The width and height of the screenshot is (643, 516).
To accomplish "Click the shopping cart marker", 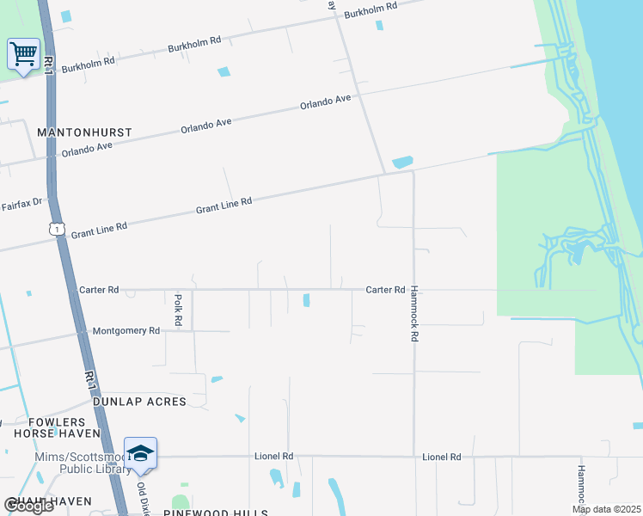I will [23, 54].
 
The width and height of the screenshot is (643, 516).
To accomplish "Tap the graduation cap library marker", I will [140, 453].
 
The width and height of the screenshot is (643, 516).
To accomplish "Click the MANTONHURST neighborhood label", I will [85, 132].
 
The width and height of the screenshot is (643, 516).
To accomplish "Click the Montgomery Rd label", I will [126, 330].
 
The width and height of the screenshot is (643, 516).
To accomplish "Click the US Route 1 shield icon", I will [56, 229].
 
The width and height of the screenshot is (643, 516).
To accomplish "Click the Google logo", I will [28, 506].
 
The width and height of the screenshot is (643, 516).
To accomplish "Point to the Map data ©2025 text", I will [606, 509].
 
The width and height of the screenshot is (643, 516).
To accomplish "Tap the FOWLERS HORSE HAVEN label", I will [57, 428].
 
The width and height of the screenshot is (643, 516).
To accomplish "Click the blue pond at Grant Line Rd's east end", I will [401, 162].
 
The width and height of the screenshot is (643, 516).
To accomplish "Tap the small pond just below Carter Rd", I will [306, 299].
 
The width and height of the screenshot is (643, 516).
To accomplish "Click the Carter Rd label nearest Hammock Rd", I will [385, 290].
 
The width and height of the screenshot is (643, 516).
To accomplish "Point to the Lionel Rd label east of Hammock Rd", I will [441, 457].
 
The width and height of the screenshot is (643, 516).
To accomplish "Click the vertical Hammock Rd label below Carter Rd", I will [413, 314].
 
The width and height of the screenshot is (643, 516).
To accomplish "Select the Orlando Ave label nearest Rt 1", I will [87, 150].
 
